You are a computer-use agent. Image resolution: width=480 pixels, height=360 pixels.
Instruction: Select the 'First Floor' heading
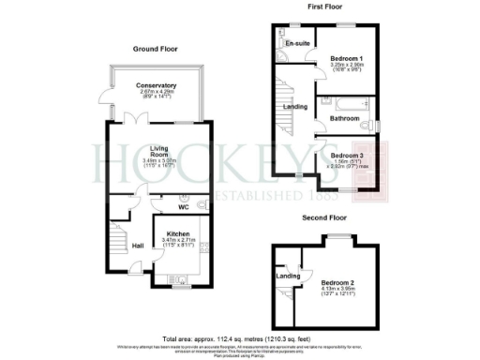[x=324, y=7]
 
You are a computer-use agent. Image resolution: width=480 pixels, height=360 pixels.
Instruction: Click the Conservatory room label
[x=157, y=86]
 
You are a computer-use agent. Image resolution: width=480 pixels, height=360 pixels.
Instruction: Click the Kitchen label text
[x=178, y=233]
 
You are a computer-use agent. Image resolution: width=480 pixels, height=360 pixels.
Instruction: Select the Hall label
[x=139, y=246]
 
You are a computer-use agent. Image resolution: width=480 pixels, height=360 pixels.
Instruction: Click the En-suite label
[x=298, y=43]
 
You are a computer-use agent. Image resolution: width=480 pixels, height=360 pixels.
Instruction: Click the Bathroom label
[x=341, y=118]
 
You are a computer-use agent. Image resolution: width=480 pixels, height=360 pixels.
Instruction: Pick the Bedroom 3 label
[x=346, y=155]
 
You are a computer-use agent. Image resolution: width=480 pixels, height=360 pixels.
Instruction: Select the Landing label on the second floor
[x=288, y=275]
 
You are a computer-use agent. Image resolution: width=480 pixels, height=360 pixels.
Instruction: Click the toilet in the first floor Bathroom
[x=373, y=124]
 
